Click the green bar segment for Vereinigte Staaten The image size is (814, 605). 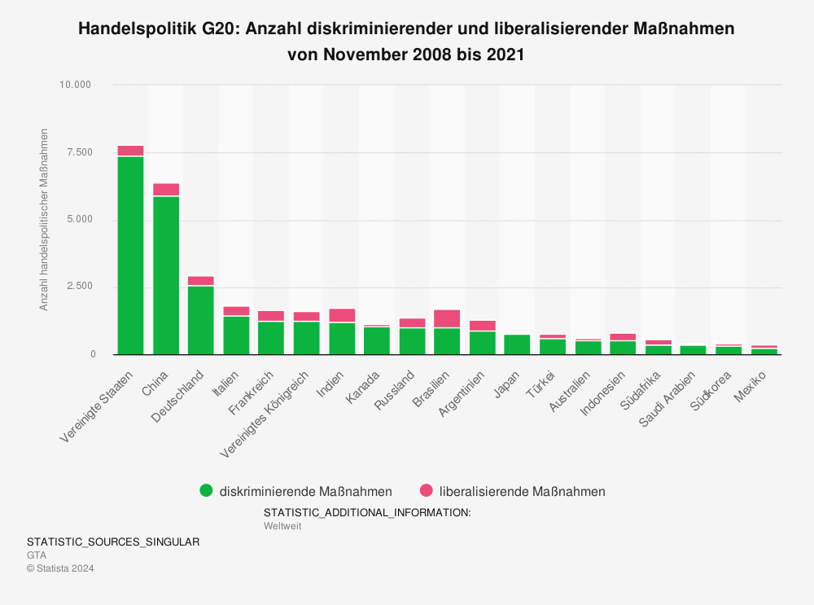pyautogui.click(x=130, y=255)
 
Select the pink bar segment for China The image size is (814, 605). pyautogui.click(x=166, y=190)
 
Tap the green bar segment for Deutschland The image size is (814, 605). pyautogui.click(x=201, y=320)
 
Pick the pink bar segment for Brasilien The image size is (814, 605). pyautogui.click(x=447, y=318)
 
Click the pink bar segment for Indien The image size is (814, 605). pyautogui.click(x=342, y=315)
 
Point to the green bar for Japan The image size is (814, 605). pyautogui.click(x=517, y=344)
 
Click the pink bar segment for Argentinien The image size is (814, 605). pyautogui.click(x=483, y=326)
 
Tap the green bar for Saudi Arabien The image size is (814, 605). pyautogui.click(x=693, y=350)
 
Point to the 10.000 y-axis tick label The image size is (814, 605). pyautogui.click(x=76, y=85)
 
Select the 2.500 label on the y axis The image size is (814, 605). pyautogui.click(x=78, y=287)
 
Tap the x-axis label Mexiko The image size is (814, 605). pyautogui.click(x=751, y=387)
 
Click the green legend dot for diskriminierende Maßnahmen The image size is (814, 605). pyautogui.click(x=206, y=491)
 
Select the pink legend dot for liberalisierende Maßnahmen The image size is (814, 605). pyautogui.click(x=426, y=491)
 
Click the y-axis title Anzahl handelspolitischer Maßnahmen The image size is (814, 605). pyautogui.click(x=44, y=219)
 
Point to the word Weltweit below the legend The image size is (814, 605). pyautogui.click(x=282, y=526)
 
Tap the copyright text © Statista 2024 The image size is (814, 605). pyautogui.click(x=60, y=568)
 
